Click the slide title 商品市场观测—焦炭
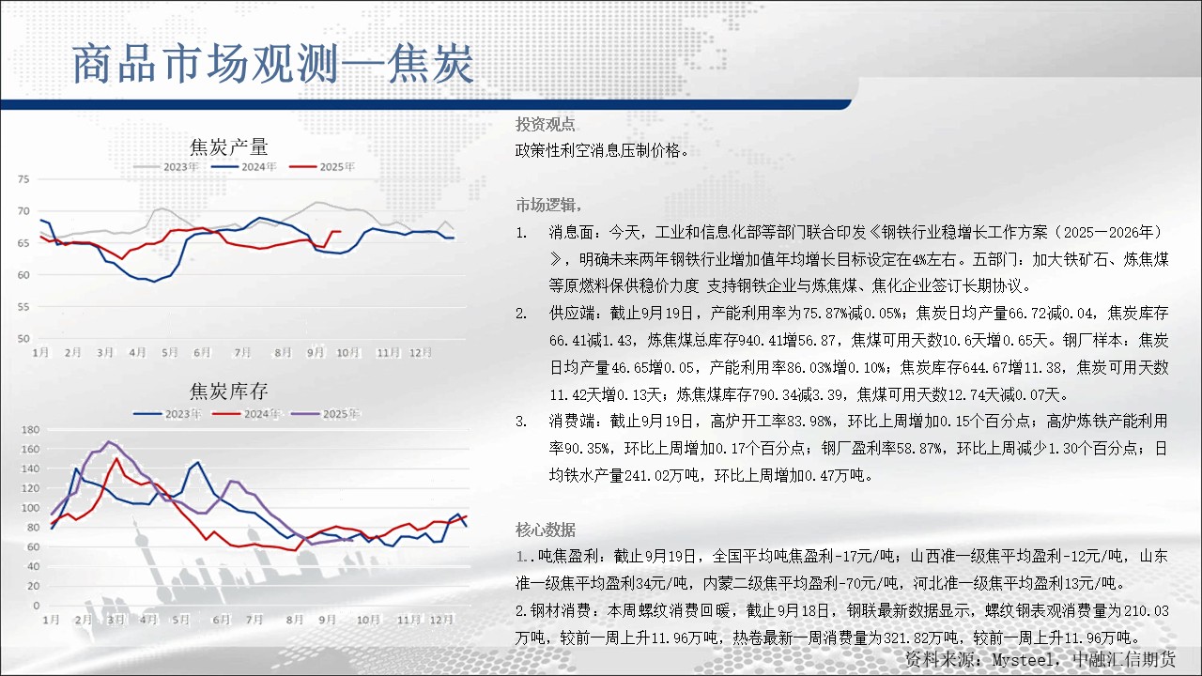(x=272, y=65)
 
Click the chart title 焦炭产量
(x=228, y=147)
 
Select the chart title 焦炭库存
(x=228, y=392)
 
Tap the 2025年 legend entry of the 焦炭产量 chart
(x=322, y=167)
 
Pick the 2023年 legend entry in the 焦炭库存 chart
(x=167, y=414)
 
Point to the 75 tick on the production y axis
(x=23, y=179)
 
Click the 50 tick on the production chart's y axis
(x=23, y=339)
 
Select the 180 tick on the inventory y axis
(x=30, y=430)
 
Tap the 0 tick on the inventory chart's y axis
(x=36, y=606)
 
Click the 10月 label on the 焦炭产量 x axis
(x=347, y=352)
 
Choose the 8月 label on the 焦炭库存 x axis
(x=294, y=620)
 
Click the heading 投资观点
(x=546, y=125)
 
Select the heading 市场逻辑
(x=547, y=205)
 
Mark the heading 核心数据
(x=546, y=530)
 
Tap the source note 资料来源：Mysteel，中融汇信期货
(x=1040, y=659)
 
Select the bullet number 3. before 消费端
(x=521, y=422)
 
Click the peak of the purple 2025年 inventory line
(x=109, y=442)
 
